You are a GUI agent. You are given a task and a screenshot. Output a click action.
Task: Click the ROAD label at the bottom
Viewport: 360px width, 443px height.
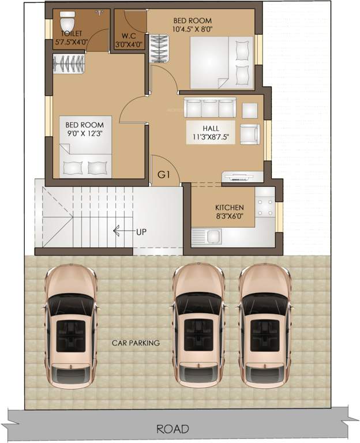click(172, 429)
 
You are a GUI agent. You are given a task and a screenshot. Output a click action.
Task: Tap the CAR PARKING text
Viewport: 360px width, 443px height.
click(136, 343)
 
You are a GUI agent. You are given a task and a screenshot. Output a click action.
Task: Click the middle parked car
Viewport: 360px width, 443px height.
click(198, 326)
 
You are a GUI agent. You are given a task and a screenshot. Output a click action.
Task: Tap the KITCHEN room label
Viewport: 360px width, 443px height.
click(229, 208)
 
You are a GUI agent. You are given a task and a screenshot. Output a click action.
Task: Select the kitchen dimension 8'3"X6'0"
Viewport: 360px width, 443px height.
click(229, 217)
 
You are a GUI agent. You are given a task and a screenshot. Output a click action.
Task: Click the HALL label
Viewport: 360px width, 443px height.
click(211, 128)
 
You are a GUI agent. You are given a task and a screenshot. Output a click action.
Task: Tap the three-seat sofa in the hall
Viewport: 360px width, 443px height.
click(211, 108)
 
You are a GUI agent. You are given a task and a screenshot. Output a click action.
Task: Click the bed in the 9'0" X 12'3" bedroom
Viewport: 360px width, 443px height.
click(84, 156)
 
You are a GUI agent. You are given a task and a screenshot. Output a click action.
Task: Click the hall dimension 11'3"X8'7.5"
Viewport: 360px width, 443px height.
click(211, 137)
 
